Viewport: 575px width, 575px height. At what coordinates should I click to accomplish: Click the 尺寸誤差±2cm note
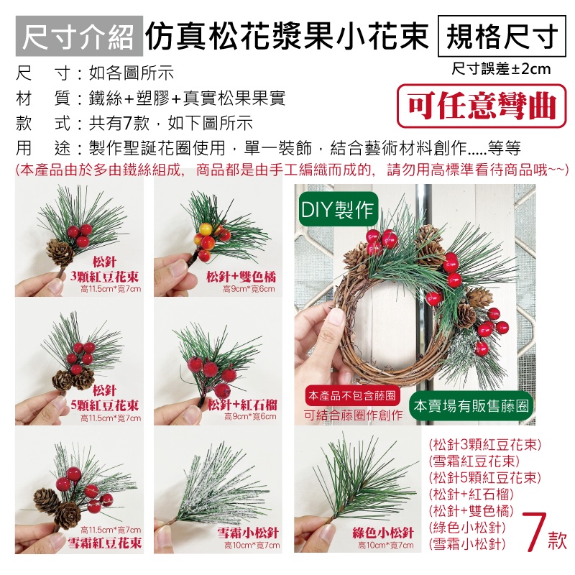click(x=501, y=69)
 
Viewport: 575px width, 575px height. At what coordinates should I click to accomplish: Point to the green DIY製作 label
click(x=336, y=209)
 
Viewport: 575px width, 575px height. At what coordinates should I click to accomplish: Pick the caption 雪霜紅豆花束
click(x=105, y=541)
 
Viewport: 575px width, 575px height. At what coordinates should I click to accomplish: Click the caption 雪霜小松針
click(x=248, y=533)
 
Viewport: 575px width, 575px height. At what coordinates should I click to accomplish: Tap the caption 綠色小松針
click(x=382, y=533)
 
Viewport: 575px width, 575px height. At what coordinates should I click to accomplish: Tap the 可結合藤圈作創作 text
click(x=353, y=415)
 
